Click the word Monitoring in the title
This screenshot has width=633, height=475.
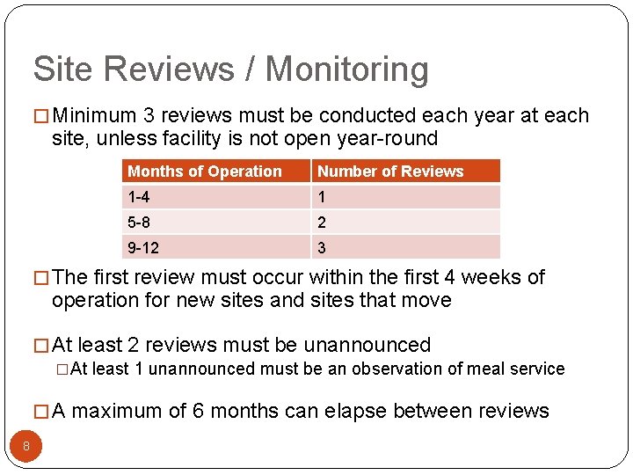[347, 69]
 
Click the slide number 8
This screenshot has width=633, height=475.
[26, 446]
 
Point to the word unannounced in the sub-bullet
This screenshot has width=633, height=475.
[189, 369]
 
